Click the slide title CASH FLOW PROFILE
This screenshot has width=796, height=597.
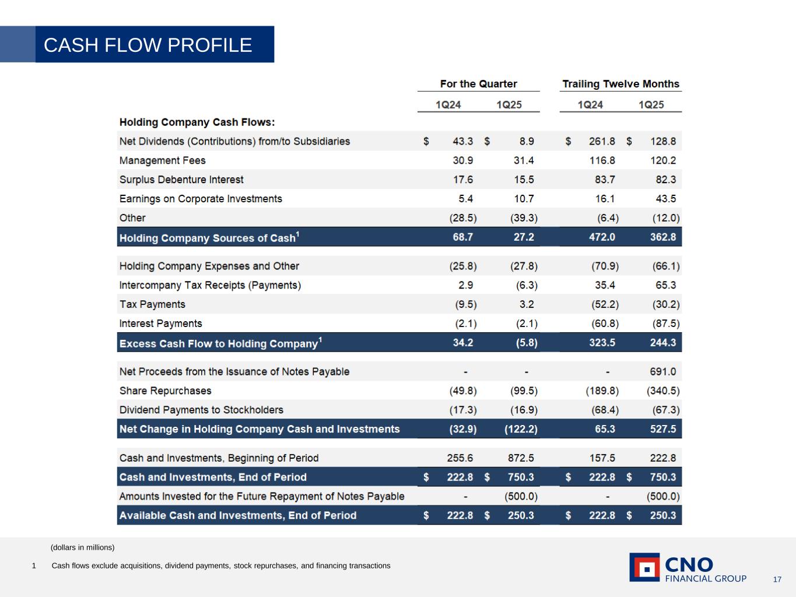148,45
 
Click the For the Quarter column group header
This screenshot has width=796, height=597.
478,84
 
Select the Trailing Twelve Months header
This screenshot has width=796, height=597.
620,84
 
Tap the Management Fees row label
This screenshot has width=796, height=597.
162,160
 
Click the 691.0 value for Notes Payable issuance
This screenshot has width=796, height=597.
663,371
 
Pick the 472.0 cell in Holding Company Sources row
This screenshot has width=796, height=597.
602,237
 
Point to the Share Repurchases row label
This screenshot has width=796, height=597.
165,391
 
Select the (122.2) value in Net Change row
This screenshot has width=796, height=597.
521,429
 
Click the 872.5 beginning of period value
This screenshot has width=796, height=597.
521,458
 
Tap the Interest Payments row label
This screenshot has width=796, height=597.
160,324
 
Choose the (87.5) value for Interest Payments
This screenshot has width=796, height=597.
665,324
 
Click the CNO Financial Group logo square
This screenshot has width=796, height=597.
644,567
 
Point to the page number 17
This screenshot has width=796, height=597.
777,580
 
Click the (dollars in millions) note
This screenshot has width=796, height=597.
82,547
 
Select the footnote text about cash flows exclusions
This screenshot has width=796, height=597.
221,566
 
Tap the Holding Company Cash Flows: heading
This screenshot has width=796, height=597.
197,122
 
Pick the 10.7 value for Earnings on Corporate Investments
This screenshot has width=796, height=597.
524,199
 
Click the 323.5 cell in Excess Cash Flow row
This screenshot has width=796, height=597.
602,343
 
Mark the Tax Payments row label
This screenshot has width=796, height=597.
152,304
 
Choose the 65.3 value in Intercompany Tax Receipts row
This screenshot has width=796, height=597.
665,285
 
